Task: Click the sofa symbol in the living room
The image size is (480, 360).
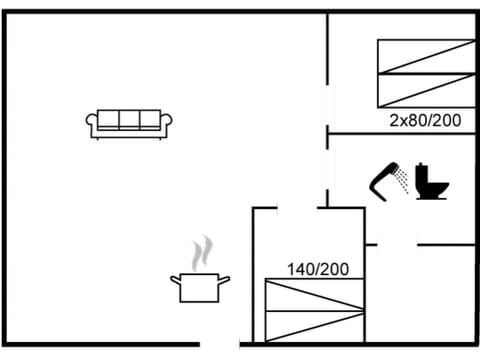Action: click(130, 123)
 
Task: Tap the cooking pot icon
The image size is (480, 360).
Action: click(200, 287)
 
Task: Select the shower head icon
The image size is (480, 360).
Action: click(384, 181)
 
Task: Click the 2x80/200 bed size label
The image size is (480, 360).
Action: click(425, 121)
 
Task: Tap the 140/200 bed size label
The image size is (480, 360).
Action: click(318, 269)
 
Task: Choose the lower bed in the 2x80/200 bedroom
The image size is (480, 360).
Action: click(426, 90)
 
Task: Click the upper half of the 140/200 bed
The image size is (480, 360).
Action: click(314, 295)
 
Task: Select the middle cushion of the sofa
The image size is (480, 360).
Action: click(130, 119)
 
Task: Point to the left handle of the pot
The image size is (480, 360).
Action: click(174, 280)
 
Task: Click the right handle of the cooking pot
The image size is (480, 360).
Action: click(226, 280)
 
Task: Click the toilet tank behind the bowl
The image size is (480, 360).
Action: click(424, 171)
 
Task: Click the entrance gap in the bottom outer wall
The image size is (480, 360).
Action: click(220, 345)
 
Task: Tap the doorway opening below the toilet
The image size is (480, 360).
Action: click(396, 244)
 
